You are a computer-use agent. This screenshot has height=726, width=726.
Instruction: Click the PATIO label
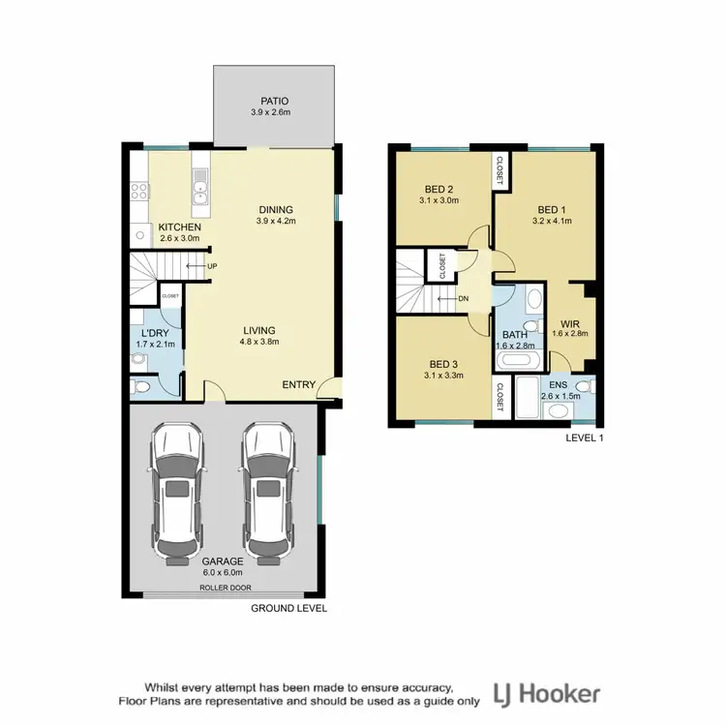coord(276,100)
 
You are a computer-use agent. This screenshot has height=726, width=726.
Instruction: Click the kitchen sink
coord(201,187)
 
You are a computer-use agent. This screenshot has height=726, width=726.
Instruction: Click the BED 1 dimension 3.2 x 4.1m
coord(552,221)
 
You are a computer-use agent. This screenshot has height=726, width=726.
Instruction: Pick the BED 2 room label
coord(439,189)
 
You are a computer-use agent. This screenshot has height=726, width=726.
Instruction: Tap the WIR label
coord(568,324)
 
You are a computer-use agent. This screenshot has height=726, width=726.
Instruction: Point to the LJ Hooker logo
coord(547,693)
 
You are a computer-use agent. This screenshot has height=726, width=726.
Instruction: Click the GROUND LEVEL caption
coord(288,609)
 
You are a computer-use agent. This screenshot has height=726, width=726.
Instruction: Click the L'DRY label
coord(156,332)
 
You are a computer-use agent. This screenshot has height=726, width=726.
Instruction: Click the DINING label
coord(275,209)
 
